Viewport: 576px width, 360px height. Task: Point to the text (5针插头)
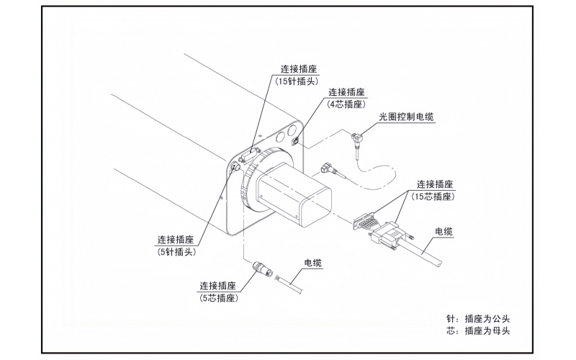[x=176, y=252]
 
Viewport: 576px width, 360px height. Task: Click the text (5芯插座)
[x=219, y=297]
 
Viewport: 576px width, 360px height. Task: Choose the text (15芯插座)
[x=435, y=196]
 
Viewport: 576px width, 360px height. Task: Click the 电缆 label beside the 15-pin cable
[x=444, y=231]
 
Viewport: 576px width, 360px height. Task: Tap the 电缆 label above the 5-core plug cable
[x=313, y=263]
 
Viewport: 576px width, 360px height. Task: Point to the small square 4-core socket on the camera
[x=295, y=140]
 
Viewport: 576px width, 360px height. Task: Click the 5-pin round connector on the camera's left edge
[x=235, y=167]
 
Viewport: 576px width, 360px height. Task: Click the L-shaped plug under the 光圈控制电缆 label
[x=356, y=137]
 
